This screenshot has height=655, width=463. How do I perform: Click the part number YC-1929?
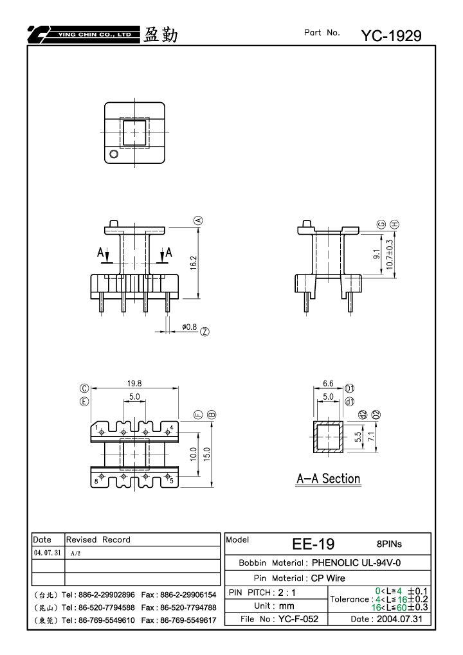coord(391,36)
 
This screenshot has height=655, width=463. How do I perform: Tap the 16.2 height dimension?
coord(194,263)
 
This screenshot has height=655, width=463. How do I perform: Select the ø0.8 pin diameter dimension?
coord(189,327)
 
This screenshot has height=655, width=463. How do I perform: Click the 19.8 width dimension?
coord(134,383)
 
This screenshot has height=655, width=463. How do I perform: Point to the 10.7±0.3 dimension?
coord(390,254)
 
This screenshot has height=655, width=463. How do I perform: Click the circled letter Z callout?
coord(204,332)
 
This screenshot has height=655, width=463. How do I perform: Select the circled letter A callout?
coord(199,220)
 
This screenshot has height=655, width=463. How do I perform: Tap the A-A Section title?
coord(329,479)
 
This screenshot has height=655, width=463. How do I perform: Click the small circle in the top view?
coord(114,154)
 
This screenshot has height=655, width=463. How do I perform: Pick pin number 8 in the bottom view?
coord(96,481)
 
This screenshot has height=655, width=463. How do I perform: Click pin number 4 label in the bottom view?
coord(171,427)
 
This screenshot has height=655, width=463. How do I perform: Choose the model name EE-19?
coord(313,544)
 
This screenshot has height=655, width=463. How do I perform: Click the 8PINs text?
coord(389,544)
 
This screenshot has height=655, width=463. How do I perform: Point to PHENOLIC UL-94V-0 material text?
coord(356,562)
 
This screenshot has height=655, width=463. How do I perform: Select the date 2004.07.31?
coord(399,619)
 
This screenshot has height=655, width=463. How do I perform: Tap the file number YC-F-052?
coord(298,619)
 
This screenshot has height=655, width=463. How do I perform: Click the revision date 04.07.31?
coord(48,553)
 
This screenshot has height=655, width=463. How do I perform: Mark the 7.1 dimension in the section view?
coord(371,436)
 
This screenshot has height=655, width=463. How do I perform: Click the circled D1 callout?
coord(350,388)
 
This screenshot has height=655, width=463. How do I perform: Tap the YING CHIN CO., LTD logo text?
coord(95,35)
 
